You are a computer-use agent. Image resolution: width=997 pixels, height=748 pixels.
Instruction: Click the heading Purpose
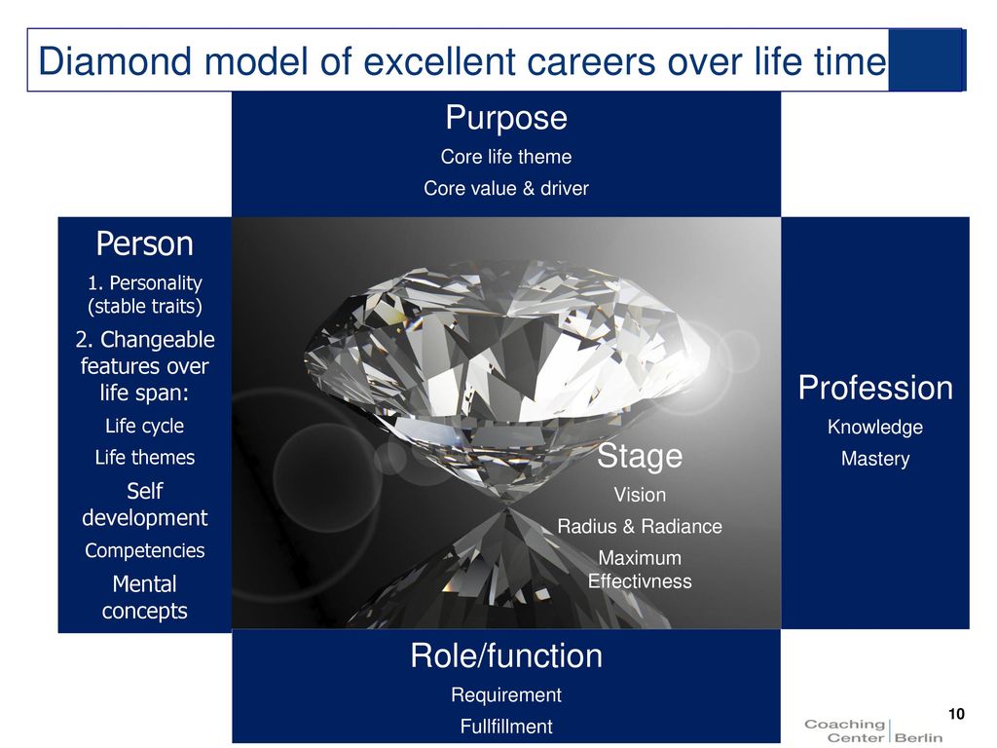[506, 118]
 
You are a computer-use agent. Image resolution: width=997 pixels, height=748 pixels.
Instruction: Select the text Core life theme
[506, 157]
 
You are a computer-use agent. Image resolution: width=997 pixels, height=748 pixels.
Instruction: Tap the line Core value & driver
[506, 188]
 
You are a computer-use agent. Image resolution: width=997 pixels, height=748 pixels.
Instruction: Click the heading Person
[145, 243]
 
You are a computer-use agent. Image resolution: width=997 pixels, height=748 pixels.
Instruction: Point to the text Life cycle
[145, 426]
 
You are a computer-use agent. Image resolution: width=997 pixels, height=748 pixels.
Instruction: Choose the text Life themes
[145, 458]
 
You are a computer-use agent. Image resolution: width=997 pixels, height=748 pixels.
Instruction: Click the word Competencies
[145, 550]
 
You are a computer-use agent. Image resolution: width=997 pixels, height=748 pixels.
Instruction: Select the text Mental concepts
[145, 597]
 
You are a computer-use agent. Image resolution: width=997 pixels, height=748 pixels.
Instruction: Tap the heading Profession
[875, 388]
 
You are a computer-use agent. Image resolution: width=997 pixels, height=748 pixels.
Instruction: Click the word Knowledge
[875, 428]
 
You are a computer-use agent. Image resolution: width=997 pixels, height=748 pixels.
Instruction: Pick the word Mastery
[875, 459]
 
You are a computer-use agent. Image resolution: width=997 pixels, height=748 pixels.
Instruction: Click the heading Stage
[640, 457]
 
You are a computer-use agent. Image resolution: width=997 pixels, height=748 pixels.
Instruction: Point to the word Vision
[640, 494]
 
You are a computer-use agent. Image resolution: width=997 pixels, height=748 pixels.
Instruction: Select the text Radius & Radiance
[640, 526]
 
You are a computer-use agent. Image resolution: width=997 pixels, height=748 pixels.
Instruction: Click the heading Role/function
[506, 655]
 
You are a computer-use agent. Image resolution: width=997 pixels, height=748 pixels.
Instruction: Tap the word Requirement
[506, 694]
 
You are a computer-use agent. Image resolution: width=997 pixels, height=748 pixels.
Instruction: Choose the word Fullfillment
[506, 726]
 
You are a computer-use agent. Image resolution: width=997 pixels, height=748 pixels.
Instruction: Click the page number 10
[956, 714]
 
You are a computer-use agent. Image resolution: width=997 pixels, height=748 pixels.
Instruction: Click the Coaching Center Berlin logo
[873, 730]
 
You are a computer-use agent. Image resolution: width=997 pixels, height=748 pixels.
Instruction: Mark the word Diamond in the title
[115, 61]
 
